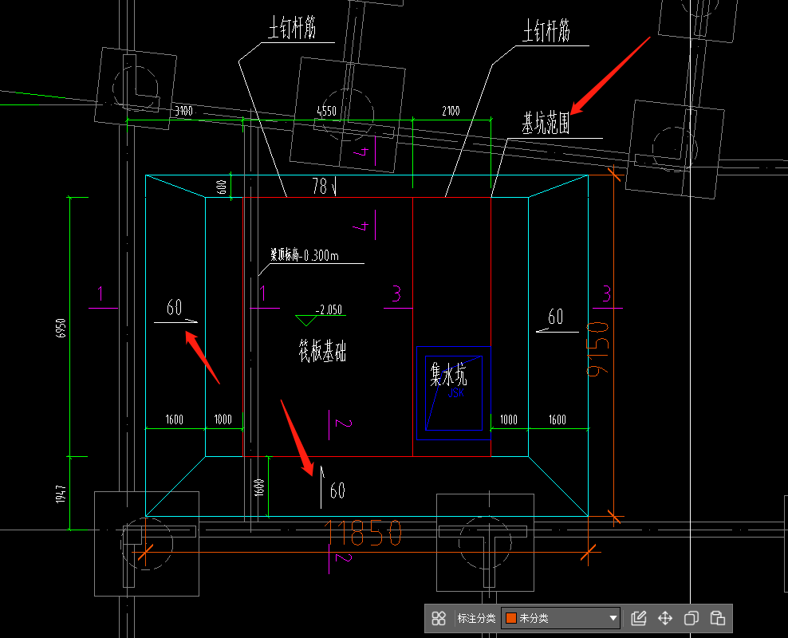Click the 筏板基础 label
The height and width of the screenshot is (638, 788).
tap(322, 351)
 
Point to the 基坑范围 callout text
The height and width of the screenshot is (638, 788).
tap(546, 124)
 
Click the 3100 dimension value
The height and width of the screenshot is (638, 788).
tap(183, 111)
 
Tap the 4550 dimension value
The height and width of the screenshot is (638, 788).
tap(327, 111)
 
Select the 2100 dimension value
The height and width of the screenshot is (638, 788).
tap(451, 111)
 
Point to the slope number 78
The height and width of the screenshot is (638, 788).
tap(320, 187)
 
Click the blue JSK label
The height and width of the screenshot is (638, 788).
tap(455, 392)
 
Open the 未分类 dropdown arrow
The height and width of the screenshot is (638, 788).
tap(613, 618)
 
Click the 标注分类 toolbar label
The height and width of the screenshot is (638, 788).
tap(476, 618)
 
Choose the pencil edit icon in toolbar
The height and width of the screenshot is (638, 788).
tap(638, 618)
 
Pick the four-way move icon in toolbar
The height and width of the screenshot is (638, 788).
tap(664, 618)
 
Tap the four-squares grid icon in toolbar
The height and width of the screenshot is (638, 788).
tap(439, 618)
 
